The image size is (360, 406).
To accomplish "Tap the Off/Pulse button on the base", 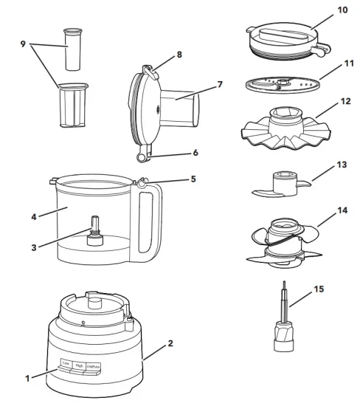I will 94,365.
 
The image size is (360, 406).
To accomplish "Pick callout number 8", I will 179,55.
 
